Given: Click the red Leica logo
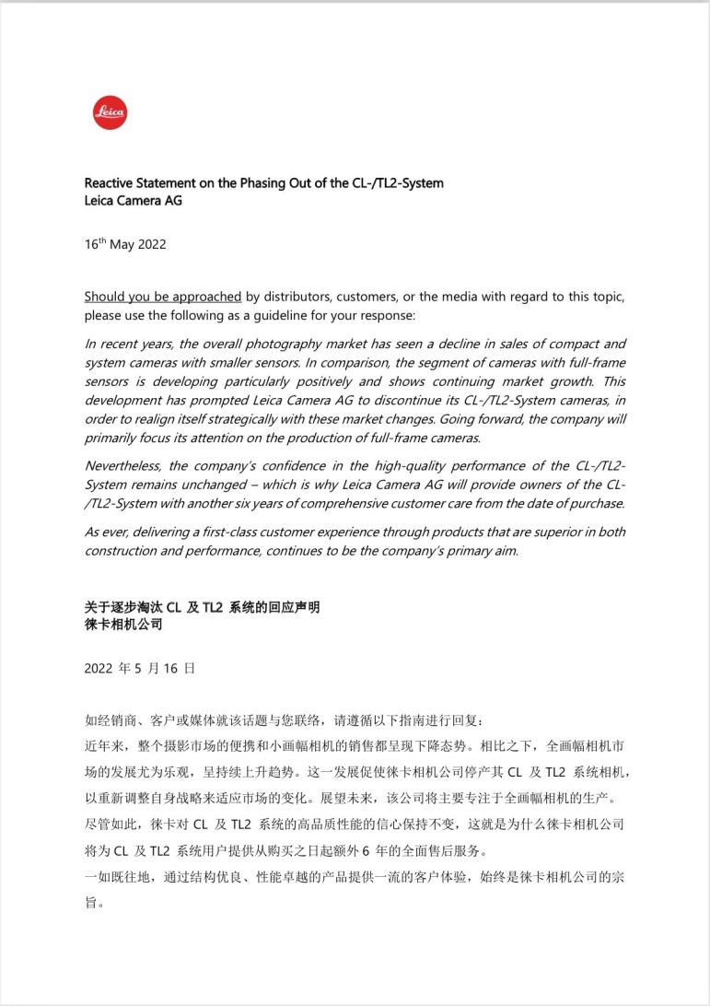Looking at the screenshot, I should click(111, 113).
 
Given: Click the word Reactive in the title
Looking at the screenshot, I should click(111, 183).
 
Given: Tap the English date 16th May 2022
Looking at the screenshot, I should click(125, 246).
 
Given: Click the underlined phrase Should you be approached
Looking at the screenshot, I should click(163, 297).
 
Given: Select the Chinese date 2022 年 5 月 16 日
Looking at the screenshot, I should click(139, 669).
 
